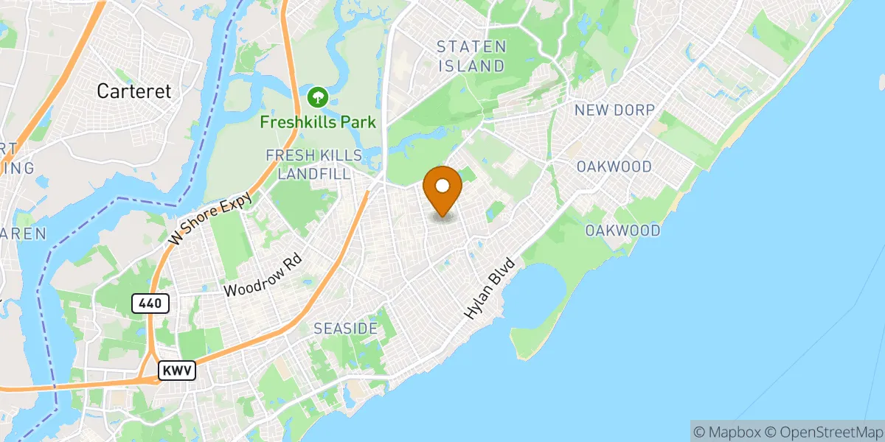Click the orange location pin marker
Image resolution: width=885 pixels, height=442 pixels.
tap(442, 190)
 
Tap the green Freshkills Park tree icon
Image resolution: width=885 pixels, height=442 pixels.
tap(318, 97)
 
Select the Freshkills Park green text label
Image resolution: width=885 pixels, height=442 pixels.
tap(318, 122)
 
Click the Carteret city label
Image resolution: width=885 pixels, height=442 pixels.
tap(134, 91)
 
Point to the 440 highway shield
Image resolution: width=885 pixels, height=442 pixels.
tap(152, 302)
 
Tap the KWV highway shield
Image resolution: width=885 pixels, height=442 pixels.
tap(177, 371)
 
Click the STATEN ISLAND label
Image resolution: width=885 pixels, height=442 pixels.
tap(471, 56)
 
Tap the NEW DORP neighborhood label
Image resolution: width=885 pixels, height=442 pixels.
tap(614, 110)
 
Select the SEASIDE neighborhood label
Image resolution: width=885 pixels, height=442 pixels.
tap(346, 328)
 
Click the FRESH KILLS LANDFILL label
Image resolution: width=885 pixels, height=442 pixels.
tap(314, 164)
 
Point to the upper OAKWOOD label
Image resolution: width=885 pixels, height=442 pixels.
tap(614, 166)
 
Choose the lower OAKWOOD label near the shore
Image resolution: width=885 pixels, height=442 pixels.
tap(622, 231)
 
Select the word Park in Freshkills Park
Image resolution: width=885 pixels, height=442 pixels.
tap(358, 122)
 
